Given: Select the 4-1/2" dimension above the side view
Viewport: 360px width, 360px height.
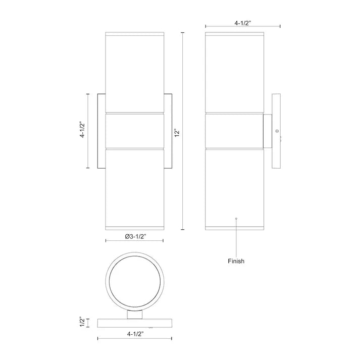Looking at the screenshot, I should point(242,22).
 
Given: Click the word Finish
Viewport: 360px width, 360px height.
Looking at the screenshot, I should point(236,261).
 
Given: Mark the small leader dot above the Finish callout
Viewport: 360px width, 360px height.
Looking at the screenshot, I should point(236,218).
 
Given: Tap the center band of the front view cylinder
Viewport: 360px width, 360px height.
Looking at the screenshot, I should point(135,131).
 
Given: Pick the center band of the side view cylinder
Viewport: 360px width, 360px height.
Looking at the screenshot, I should point(235,131).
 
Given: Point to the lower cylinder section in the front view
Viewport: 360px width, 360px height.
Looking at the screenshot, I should point(135,189).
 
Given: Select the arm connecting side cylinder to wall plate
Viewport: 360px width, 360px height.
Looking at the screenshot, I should point(267,131).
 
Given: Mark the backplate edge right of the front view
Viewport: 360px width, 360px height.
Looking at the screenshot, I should point(169,131).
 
